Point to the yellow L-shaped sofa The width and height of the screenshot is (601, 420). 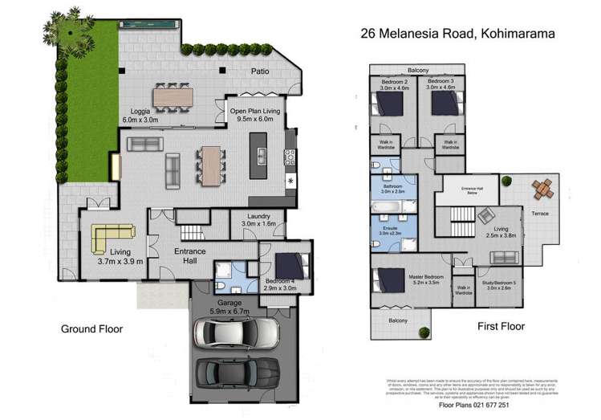(111, 237)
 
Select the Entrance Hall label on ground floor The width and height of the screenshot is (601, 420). (190, 257)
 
